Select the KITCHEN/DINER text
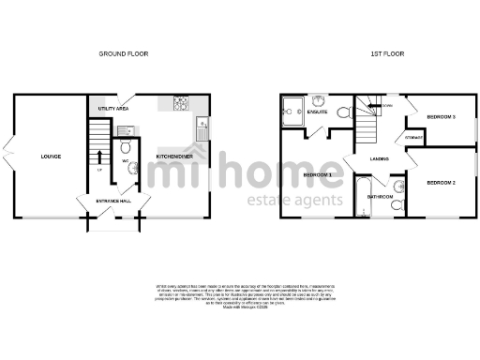174,156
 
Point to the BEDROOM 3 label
441,116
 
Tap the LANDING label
379,159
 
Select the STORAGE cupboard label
412,138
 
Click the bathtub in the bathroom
363,196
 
